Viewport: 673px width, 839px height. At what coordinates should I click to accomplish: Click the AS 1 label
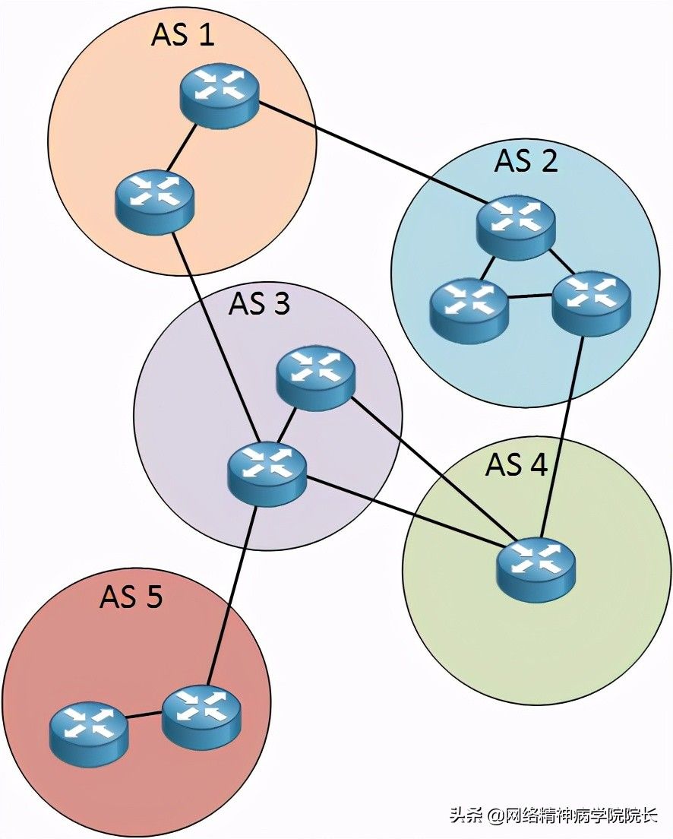point(183,35)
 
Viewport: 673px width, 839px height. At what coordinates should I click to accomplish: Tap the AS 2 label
point(526,161)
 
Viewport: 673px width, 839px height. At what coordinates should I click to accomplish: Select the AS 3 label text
point(259,303)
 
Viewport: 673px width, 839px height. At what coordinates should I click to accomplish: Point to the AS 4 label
point(517,464)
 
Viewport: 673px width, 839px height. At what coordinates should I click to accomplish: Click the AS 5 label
point(131,597)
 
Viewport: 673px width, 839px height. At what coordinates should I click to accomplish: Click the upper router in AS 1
point(220,99)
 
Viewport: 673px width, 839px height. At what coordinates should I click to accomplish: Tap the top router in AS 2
point(517,227)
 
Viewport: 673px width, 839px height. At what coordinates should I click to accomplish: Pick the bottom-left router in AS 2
point(469,310)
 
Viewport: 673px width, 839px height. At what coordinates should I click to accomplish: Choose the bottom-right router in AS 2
point(591,303)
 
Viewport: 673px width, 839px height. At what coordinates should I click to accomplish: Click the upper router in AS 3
point(315,380)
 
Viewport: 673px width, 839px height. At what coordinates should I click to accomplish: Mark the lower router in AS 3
point(267,473)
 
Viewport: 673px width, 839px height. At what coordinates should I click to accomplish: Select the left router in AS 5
point(90,733)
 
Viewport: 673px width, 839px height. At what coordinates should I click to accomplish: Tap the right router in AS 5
point(201,717)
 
